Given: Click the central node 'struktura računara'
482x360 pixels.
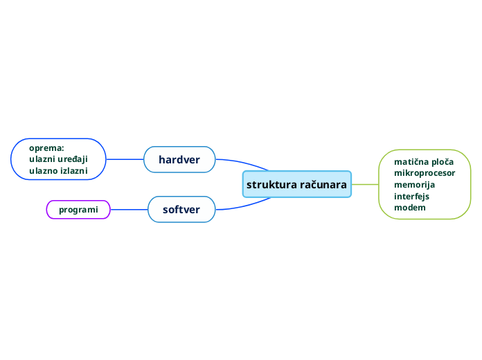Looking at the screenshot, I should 297,184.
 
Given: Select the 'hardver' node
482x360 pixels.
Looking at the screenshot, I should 179,160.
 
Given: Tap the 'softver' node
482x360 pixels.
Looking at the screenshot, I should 181,209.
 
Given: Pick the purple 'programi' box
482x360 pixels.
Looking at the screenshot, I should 78,209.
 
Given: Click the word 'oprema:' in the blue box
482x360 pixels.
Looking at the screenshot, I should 46,147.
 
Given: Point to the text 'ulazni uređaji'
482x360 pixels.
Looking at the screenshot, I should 58,159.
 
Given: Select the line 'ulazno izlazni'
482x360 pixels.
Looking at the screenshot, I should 58,170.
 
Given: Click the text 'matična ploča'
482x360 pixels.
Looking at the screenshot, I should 424,161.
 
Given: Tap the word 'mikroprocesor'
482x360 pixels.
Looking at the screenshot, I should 425,173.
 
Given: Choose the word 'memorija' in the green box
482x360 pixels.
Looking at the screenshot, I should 414,185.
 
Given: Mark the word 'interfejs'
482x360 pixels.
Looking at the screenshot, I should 411,196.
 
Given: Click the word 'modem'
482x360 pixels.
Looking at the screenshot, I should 409,207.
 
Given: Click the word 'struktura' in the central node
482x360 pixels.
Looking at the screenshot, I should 269,184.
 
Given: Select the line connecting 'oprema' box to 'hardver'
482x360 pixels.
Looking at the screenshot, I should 125,159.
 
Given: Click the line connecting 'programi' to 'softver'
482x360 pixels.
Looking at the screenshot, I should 130,209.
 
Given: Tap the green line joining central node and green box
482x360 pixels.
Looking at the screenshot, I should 365,184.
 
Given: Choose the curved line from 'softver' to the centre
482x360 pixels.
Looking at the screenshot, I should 242,206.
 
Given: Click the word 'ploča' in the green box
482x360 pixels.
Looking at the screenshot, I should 441,161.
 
